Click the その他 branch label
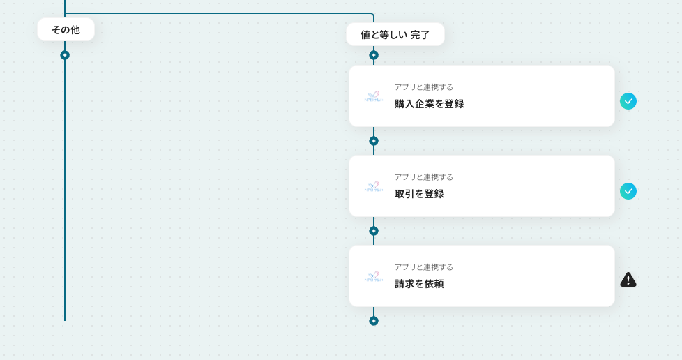click(x=66, y=29)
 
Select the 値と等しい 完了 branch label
click(x=395, y=34)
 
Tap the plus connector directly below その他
click(x=65, y=55)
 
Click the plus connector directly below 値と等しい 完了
click(x=374, y=55)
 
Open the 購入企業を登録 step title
click(x=429, y=104)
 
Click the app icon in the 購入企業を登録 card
click(x=374, y=97)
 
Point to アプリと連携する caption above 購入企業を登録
click(x=423, y=87)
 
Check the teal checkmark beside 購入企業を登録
click(x=628, y=101)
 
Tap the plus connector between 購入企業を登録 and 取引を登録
click(x=374, y=141)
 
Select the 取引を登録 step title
click(x=419, y=194)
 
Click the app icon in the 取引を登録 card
click(x=374, y=187)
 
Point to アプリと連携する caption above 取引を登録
click(x=423, y=177)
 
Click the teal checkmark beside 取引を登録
click(x=628, y=191)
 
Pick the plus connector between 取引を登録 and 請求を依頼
click(x=374, y=231)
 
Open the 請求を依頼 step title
click(x=419, y=284)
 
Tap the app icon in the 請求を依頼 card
click(x=374, y=277)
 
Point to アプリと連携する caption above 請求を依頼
click(x=423, y=267)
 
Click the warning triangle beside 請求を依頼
click(x=628, y=280)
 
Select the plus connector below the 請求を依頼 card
click(x=374, y=321)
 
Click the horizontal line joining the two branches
click(x=219, y=13)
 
